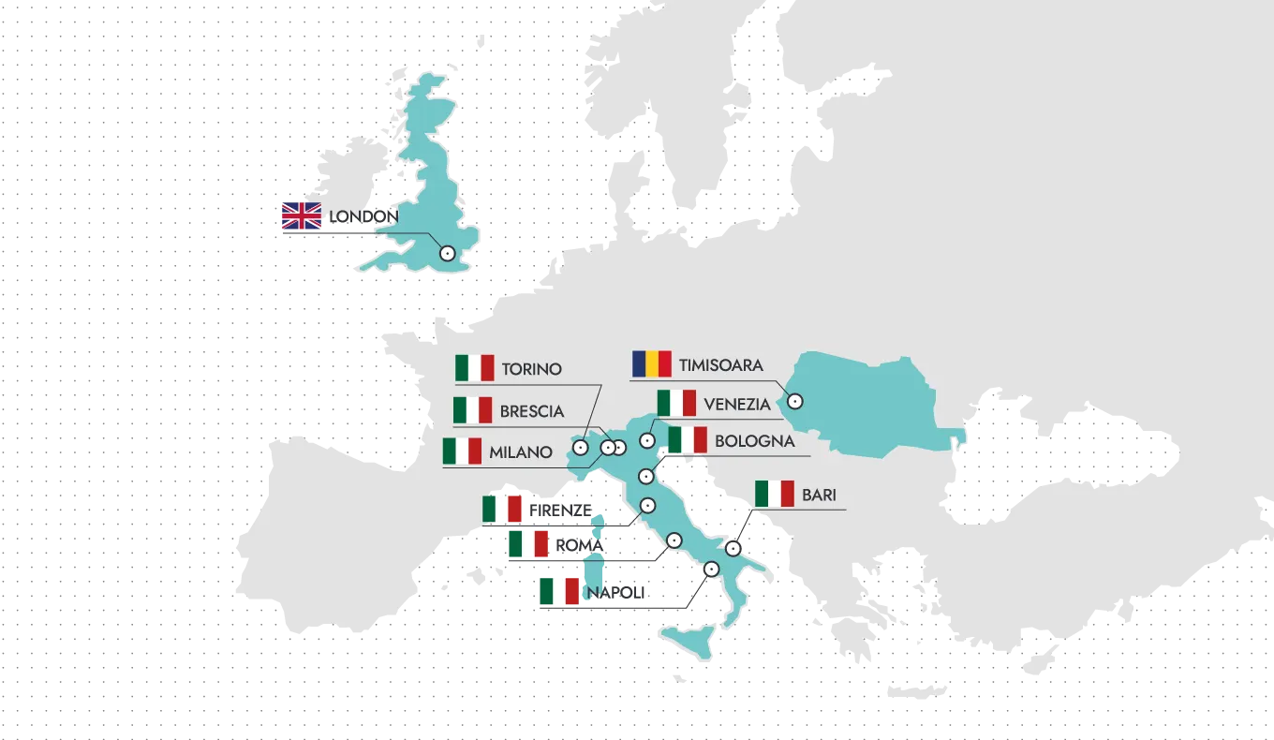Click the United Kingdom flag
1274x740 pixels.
click(x=301, y=217)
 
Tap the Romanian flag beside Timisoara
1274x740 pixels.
click(x=652, y=364)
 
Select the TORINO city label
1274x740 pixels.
click(x=531, y=369)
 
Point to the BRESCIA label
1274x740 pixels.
click(x=531, y=411)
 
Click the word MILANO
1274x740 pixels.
click(x=520, y=452)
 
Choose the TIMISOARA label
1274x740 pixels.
click(x=721, y=365)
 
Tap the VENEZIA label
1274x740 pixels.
click(x=737, y=405)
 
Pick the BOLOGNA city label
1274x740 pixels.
click(x=754, y=441)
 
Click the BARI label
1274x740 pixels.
click(x=819, y=496)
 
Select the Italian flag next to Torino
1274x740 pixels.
click(x=474, y=368)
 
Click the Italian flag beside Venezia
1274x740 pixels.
click(x=676, y=404)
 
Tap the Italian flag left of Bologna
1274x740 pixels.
click(x=688, y=440)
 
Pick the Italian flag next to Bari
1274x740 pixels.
click(x=775, y=495)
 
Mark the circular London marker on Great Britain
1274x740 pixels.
click(x=447, y=253)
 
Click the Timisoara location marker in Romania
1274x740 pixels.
click(x=794, y=401)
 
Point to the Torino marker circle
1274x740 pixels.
click(x=580, y=449)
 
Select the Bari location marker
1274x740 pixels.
click(x=733, y=549)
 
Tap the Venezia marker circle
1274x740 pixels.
click(x=646, y=440)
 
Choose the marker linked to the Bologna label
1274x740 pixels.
click(x=645, y=478)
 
